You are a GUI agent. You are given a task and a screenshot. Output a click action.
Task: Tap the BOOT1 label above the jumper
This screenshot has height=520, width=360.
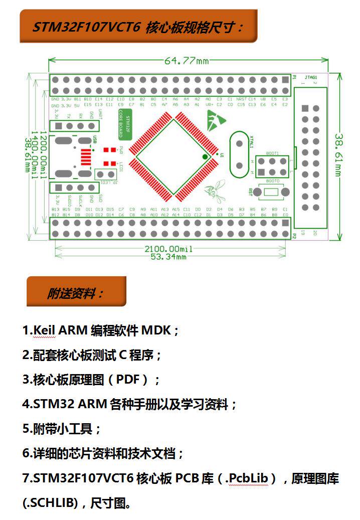point(272,152)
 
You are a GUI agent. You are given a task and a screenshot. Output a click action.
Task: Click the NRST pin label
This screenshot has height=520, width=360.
point(241,99)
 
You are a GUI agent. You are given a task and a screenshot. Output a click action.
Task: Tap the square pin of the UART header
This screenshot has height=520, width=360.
point(59,126)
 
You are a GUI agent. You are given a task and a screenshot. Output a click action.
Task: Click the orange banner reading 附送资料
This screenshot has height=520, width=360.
point(76,292)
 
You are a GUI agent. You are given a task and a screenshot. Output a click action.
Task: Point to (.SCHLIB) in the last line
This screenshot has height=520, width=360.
point(50,503)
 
